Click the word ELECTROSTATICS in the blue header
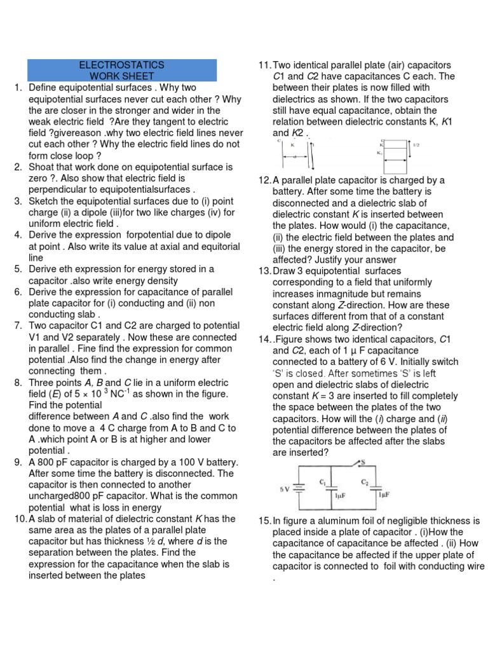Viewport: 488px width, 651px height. point(121,65)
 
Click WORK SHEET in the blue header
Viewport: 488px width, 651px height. point(121,76)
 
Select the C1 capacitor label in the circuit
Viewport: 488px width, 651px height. point(323,482)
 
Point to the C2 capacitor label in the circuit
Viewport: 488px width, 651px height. point(365,482)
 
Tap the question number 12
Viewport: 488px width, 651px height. point(264,181)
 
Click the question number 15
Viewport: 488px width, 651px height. point(264,521)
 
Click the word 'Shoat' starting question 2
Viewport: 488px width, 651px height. point(42,167)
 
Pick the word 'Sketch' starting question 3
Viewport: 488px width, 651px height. point(44,202)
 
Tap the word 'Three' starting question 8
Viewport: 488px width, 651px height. point(42,383)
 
